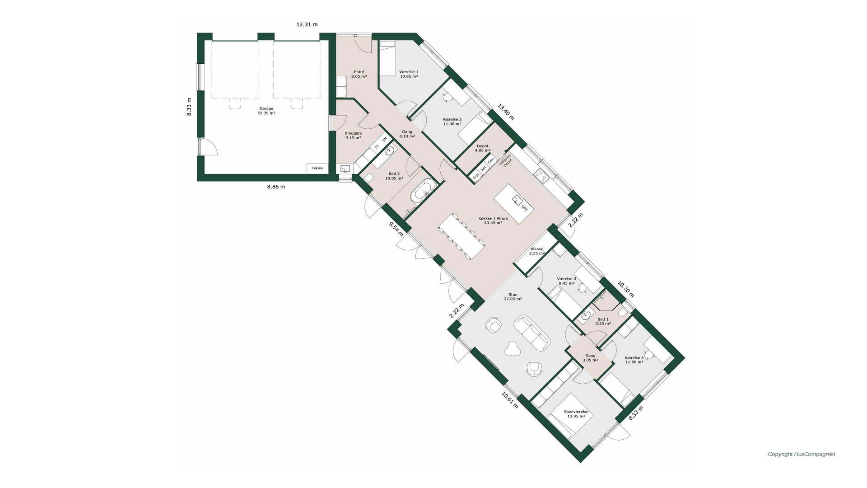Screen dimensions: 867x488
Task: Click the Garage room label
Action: click(x=266, y=111)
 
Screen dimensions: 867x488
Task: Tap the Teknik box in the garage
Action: click(x=317, y=168)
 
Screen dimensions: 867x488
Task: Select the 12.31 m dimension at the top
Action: click(x=307, y=24)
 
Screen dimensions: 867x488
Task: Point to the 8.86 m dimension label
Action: click(x=276, y=187)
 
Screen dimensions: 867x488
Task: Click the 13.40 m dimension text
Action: click(x=506, y=112)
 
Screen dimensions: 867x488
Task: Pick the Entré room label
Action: click(x=359, y=74)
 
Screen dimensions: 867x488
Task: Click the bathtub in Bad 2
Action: click(x=423, y=194)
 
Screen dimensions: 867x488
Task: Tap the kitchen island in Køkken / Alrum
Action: click(x=514, y=204)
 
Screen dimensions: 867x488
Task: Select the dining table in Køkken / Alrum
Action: click(x=461, y=236)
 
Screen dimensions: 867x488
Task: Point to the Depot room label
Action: click(x=482, y=148)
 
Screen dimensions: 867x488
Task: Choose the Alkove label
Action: click(x=537, y=251)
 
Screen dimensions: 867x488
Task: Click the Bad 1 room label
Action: click(x=603, y=321)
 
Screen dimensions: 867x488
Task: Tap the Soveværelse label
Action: click(x=576, y=414)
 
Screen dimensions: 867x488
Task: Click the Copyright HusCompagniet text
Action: click(x=802, y=454)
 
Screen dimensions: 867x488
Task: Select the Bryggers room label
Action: click(x=353, y=136)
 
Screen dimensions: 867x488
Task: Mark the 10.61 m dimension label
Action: click(x=510, y=400)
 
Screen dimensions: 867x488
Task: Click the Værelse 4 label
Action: click(x=634, y=360)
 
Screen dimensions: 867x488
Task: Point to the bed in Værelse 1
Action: click(x=387, y=58)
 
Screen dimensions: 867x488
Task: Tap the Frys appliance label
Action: click(x=475, y=177)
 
